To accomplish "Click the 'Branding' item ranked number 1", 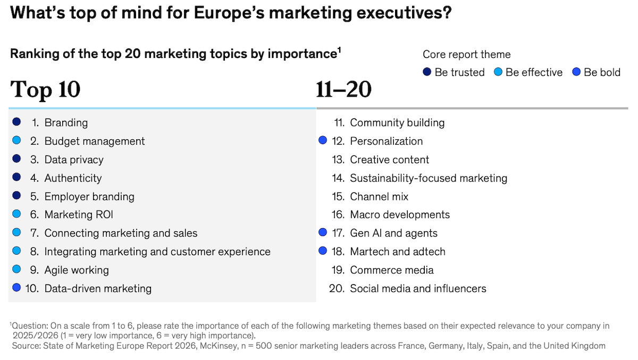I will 66,123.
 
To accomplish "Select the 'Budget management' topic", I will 94,141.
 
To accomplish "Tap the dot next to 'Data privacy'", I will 16,159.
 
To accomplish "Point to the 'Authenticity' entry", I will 73,178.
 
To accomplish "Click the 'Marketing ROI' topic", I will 79,215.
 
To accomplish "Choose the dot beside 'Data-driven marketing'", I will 16,288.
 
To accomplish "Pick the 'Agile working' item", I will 77,270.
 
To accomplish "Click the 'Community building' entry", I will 397,123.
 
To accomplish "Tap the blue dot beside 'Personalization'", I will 323,141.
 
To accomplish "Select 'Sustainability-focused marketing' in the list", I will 429,178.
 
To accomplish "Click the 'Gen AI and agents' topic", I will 393,233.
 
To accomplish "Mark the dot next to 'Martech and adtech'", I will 323,251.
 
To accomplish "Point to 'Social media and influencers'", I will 418,289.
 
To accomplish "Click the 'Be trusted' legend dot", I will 427,72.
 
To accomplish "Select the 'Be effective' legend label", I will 534,72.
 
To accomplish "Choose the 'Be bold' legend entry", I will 602,72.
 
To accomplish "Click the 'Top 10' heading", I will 45,90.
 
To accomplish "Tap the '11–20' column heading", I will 343,90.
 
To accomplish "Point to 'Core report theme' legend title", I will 466,54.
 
